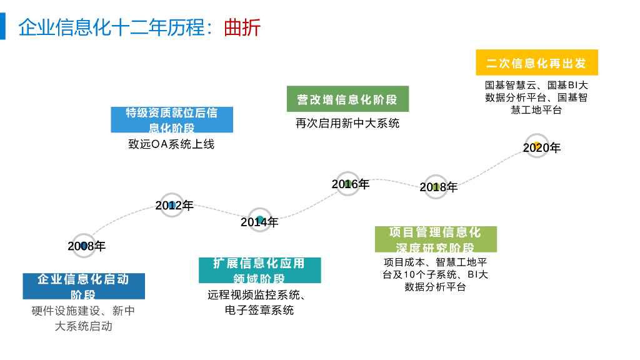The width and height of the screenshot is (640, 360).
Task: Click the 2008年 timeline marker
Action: pyautogui.click(x=84, y=246)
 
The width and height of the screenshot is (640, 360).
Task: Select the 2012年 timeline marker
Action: pyautogui.click(x=172, y=205)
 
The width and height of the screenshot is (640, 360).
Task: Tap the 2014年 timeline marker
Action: pyautogui.click(x=260, y=220)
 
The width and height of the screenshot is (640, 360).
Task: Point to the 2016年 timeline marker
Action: pyautogui.click(x=349, y=184)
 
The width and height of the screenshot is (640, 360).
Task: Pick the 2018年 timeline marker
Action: pyautogui.click(x=436, y=186)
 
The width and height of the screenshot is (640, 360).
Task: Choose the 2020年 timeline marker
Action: pyautogui.click(x=537, y=146)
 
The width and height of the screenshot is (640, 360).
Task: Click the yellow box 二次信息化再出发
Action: pyautogui.click(x=536, y=63)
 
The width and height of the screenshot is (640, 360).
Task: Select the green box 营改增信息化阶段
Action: pyautogui.click(x=347, y=99)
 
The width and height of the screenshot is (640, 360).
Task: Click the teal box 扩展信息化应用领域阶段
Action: pyautogui.click(x=259, y=270)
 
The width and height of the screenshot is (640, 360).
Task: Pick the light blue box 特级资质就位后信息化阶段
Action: pyautogui.click(x=172, y=119)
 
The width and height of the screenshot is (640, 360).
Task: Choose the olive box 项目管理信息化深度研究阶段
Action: pyautogui.click(x=436, y=239)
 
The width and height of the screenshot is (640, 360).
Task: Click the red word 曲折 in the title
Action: pyautogui.click(x=242, y=28)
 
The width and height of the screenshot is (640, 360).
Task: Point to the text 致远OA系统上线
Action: pyautogui.click(x=171, y=144)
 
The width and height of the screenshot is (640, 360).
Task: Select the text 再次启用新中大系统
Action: pyautogui.click(x=347, y=123)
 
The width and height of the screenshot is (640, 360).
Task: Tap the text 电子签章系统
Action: pyautogui.click(x=259, y=310)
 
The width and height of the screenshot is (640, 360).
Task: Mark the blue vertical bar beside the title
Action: pyautogui.click(x=2, y=27)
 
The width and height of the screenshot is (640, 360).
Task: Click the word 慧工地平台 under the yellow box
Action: pyautogui.click(x=536, y=110)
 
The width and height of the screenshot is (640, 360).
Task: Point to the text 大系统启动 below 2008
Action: pyautogui.click(x=84, y=326)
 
